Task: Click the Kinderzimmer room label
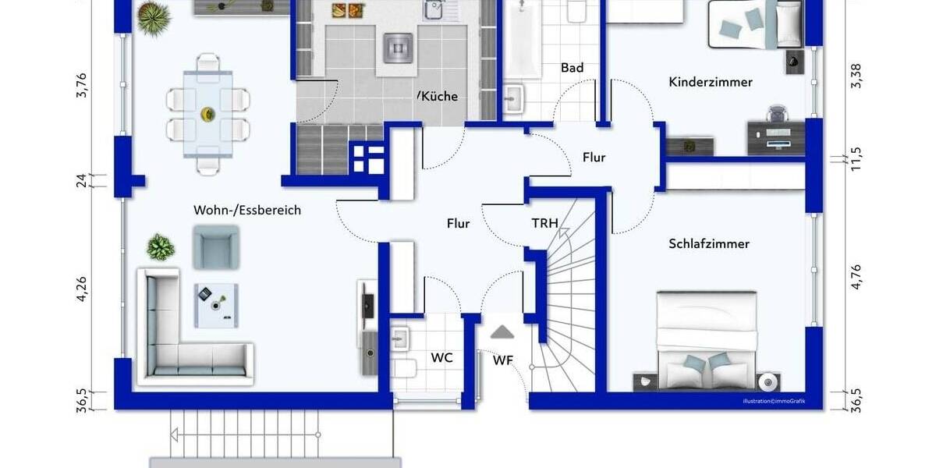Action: (711, 82)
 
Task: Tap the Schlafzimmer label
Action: (708, 244)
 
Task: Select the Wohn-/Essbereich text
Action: (246, 210)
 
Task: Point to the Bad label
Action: (572, 69)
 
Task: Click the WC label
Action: (442, 358)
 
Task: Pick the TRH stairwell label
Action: (544, 224)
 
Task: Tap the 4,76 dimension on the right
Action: (856, 277)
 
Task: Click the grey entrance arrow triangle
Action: (502, 332)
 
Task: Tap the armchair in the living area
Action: (214, 246)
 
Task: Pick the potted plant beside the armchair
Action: (161, 247)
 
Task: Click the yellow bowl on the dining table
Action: (207, 114)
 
